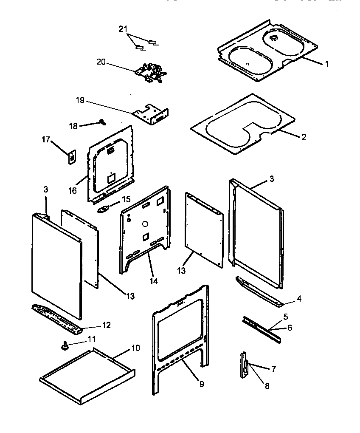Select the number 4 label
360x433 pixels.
(299, 299)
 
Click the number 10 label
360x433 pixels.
(135, 348)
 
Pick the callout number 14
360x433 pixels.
(154, 281)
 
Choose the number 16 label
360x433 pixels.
(73, 191)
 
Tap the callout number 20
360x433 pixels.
(101, 62)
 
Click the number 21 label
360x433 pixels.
(123, 28)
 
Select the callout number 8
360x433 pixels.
(267, 386)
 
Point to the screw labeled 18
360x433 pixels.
(102, 122)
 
